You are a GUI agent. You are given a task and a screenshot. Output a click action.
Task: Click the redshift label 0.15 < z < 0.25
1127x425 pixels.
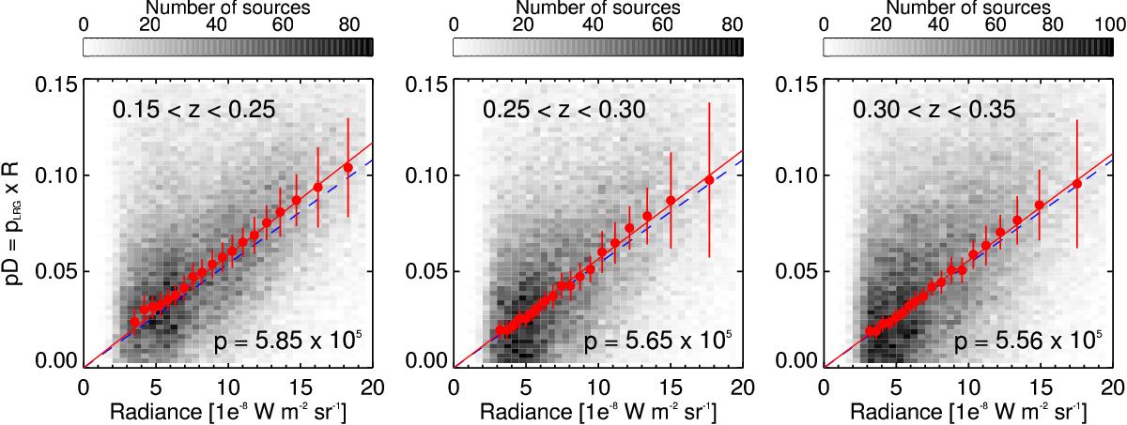[x=194, y=110]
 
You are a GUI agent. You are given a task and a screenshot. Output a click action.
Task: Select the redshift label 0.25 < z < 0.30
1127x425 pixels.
[x=564, y=110]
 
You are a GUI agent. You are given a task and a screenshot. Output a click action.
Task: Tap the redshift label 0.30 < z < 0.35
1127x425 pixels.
[x=934, y=110]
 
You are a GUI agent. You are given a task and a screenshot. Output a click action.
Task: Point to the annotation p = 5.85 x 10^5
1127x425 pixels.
[x=287, y=341]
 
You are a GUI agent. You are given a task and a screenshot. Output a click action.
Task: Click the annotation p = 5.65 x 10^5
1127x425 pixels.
[x=657, y=341]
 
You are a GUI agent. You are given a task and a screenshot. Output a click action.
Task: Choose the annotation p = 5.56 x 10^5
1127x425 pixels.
[x=1027, y=341]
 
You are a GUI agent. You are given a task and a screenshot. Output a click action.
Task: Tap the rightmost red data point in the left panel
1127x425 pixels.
[x=347, y=167]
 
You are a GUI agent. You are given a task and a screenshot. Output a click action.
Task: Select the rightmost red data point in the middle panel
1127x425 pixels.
[x=709, y=180]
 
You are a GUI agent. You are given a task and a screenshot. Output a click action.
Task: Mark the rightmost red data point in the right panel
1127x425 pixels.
[x=1077, y=184]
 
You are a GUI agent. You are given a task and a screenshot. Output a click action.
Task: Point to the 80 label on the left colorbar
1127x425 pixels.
[x=349, y=24]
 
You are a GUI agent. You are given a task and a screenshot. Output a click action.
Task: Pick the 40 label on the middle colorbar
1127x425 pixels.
[x=593, y=24]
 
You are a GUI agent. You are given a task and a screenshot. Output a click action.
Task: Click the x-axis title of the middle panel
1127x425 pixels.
[x=597, y=412]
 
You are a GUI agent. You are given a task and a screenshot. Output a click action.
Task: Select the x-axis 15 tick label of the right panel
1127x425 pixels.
[x=1041, y=387]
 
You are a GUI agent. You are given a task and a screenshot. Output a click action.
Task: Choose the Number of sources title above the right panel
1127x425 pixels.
[x=968, y=8]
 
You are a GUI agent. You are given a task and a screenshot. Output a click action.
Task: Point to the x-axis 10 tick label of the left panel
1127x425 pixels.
[x=228, y=387]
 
